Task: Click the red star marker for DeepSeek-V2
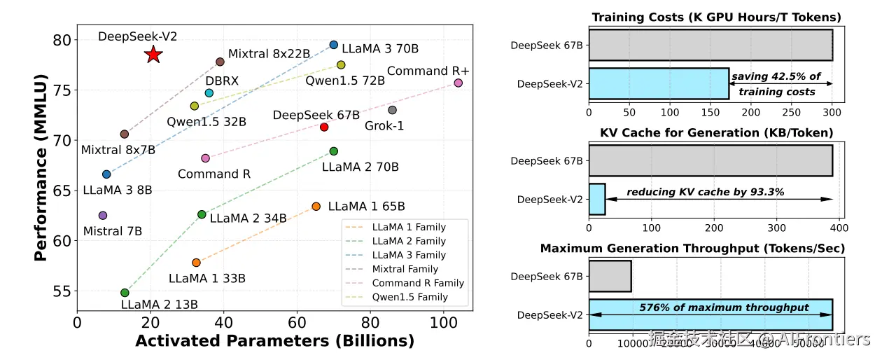click(153, 55)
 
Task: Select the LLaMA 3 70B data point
click(333, 45)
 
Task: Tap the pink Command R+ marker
click(458, 83)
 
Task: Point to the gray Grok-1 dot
click(392, 110)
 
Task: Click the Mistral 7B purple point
click(103, 216)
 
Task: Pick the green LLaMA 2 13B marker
click(125, 293)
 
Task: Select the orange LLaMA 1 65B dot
click(316, 207)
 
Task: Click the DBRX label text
click(222, 81)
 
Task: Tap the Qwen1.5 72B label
click(344, 81)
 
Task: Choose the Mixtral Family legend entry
click(405, 269)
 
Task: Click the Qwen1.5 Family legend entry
click(409, 297)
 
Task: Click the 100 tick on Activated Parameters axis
click(443, 323)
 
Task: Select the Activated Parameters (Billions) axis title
click(274, 342)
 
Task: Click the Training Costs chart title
click(716, 18)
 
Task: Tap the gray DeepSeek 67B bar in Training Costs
click(710, 46)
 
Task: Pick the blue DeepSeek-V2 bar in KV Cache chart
click(596, 200)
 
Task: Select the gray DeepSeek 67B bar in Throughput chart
click(610, 276)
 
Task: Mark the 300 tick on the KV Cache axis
click(777, 228)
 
